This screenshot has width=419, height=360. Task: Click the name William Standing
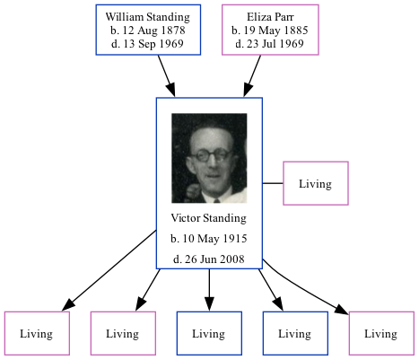tap(147, 17)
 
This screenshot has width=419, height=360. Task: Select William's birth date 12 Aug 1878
tap(147, 31)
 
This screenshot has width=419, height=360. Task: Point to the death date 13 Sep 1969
tap(147, 44)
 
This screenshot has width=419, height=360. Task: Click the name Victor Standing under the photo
tap(208, 219)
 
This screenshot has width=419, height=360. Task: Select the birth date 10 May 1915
tap(208, 239)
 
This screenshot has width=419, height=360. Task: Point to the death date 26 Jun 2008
tap(208, 259)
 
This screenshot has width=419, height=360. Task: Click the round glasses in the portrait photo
tap(208, 154)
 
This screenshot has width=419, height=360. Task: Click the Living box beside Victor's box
tap(315, 184)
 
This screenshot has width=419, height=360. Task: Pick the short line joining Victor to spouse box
tap(273, 184)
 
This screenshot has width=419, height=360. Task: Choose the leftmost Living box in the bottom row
tap(36, 333)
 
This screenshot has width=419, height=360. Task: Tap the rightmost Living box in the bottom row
tap(380, 333)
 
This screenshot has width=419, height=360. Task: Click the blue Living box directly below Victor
tap(208, 333)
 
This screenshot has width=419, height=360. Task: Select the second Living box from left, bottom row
tap(122, 333)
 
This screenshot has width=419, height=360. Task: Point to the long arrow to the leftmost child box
tap(108, 269)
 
